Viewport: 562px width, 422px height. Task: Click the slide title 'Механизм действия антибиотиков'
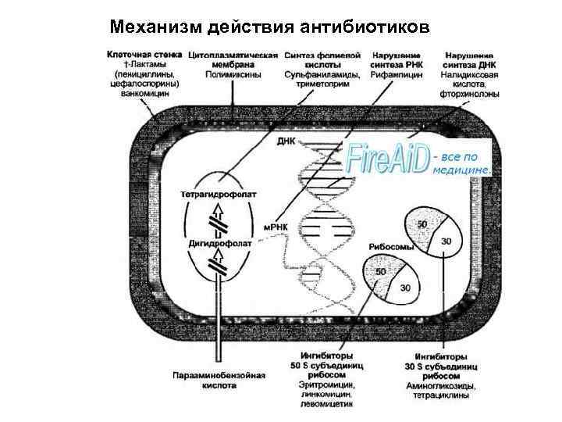(x=269, y=27)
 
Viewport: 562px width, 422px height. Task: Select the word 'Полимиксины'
(x=233, y=75)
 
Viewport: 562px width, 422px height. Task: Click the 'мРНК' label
(x=277, y=226)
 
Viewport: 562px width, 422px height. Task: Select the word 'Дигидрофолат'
(x=219, y=243)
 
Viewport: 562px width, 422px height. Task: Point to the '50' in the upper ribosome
(x=422, y=224)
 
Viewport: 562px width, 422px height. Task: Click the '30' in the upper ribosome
(x=446, y=241)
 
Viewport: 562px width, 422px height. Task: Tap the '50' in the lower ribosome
(x=382, y=271)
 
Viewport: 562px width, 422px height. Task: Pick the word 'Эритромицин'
(x=327, y=385)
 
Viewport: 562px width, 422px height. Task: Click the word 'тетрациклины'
(x=442, y=395)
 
